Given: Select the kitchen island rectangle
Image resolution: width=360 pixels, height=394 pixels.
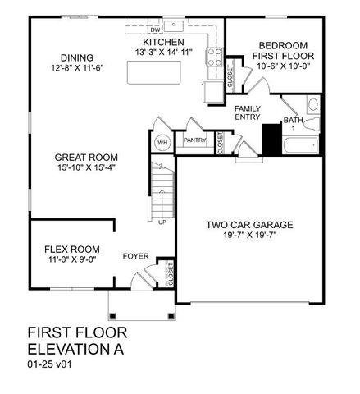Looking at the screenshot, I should [x=156, y=74].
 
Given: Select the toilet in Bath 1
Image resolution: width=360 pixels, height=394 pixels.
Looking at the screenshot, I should [x=312, y=105].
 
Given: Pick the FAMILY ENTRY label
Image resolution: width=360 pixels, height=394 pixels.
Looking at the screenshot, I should [x=247, y=113].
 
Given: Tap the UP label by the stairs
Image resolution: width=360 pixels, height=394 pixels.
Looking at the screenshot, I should [x=162, y=222].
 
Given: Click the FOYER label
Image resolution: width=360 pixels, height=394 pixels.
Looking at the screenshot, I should [x=135, y=256].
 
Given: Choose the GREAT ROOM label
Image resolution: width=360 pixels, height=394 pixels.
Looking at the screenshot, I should [x=86, y=158].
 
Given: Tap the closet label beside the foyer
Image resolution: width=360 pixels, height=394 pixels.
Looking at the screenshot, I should [x=170, y=273].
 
